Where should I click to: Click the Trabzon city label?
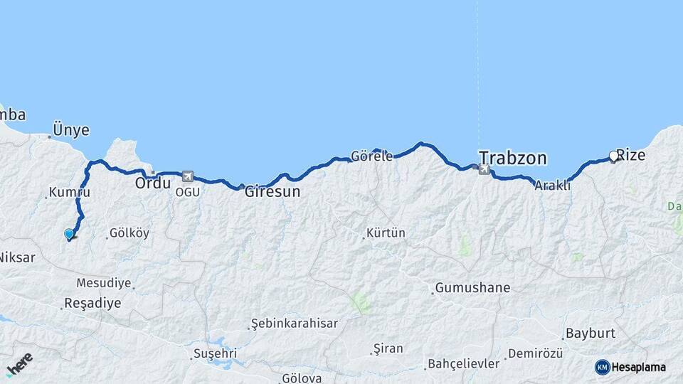512,157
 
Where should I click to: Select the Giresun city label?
272,192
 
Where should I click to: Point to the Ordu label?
153,183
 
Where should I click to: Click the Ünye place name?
72,130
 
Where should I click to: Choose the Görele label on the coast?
371,156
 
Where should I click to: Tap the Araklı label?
553,186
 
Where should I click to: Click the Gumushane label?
472,288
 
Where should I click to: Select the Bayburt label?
590,333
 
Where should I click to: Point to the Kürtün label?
385,233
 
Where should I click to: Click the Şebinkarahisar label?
295,324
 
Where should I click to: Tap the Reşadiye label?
92,303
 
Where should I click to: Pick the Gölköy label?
129,233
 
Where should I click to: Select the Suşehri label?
216,353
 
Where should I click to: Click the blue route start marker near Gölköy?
69,233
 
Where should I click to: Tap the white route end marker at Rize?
613,156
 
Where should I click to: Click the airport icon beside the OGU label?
187,176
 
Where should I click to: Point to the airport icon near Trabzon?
485,169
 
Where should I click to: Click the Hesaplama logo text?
637,367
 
